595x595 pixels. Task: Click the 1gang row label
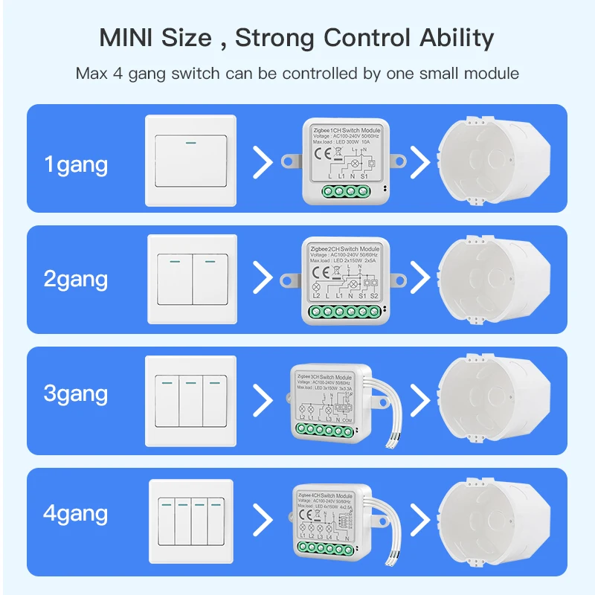click(x=76, y=164)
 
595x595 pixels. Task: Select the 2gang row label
click(x=76, y=280)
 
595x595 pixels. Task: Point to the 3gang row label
click(x=76, y=393)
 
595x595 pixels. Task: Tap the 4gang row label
click(x=76, y=513)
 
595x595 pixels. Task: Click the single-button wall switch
click(x=190, y=160)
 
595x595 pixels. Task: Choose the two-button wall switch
click(x=192, y=280)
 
